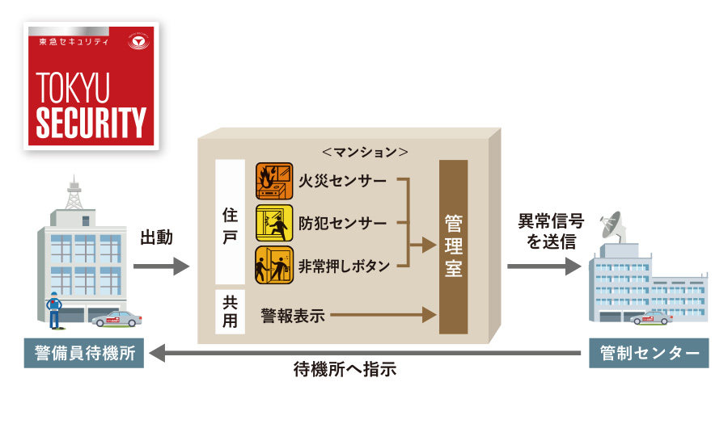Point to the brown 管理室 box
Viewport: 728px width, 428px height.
453,246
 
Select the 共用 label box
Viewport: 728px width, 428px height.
230,311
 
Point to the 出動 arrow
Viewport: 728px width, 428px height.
160,266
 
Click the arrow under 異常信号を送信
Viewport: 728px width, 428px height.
544,266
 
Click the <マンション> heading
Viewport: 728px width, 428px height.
364,151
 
